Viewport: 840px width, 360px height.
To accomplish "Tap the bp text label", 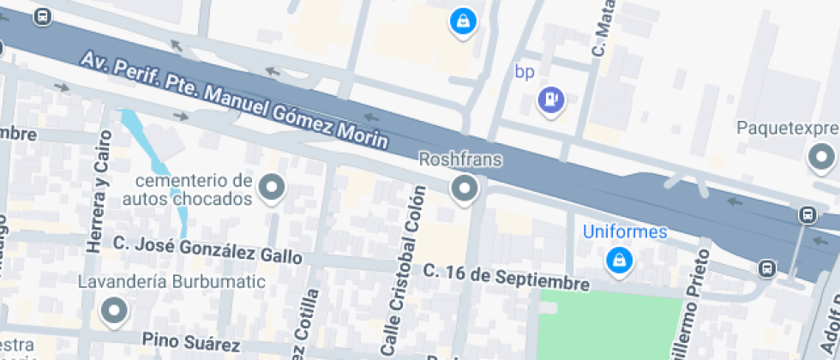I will pos(525,71).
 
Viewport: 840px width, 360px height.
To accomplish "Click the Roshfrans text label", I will pos(460,159).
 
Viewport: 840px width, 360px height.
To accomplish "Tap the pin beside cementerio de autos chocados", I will pos(273,187).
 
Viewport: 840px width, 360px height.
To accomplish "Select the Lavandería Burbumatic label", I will pos(159,281).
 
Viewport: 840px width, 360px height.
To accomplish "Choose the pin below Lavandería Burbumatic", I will pos(114,310).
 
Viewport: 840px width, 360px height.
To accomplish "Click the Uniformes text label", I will pos(625,231).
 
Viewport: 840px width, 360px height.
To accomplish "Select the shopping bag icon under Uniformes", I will pos(617,260).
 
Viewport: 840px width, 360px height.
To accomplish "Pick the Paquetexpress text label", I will pos(787,129).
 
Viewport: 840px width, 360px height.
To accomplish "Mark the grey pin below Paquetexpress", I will pos(822,158).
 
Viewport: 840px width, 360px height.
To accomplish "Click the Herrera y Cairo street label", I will pos(99,190).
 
